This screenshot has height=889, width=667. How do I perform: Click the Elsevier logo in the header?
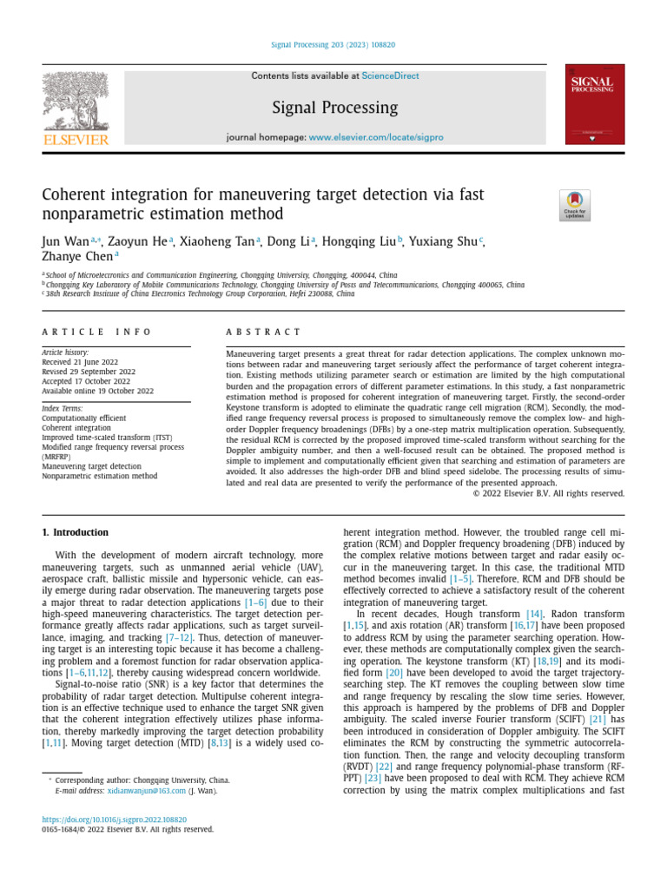(76, 109)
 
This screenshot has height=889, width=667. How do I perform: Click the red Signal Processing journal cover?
(594, 104)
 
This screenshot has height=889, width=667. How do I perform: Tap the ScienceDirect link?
(390, 76)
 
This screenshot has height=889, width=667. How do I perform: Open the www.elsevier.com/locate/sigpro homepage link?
(376, 137)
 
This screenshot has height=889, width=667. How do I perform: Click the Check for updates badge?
(574, 205)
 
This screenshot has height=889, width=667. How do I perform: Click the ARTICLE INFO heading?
(96, 332)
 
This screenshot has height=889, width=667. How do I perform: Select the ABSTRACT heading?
(264, 332)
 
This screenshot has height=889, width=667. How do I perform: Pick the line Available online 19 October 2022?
(97, 391)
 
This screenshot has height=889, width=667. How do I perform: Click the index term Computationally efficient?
(83, 418)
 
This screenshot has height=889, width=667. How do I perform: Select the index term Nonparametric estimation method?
(100, 476)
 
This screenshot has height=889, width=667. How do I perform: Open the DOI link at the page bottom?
(115, 820)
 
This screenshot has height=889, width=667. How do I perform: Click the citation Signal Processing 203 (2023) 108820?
(334, 44)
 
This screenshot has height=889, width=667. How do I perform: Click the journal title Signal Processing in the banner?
(334, 108)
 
